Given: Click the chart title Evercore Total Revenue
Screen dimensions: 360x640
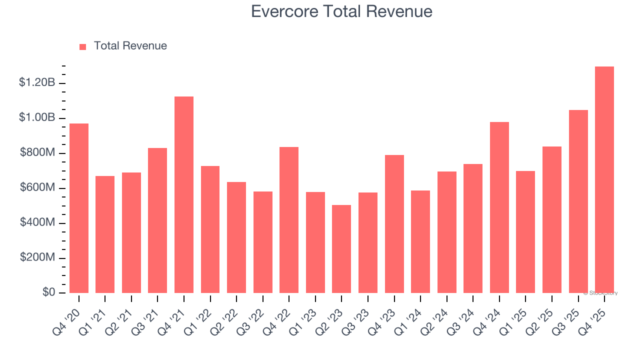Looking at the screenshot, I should (x=341, y=11).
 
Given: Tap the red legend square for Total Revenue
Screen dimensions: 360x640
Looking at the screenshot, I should (x=83, y=46).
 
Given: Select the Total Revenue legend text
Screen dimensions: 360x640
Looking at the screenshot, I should (x=130, y=46).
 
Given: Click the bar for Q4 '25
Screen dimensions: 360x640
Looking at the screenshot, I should (x=604, y=179).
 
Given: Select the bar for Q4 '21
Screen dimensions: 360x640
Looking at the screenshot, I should (x=184, y=194).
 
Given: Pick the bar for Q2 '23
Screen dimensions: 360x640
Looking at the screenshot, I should (x=341, y=248).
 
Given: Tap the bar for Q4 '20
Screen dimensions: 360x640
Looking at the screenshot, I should (x=79, y=208).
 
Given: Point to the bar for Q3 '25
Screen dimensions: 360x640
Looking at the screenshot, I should (x=578, y=201).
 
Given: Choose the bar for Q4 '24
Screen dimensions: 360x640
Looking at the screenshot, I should (x=499, y=207).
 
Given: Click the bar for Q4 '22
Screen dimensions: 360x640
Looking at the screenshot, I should (x=289, y=219).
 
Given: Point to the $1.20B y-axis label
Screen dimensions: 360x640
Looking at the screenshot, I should (x=37, y=82).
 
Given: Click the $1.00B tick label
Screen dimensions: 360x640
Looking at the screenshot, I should (x=37, y=117).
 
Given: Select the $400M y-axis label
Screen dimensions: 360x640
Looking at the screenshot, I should (x=37, y=222).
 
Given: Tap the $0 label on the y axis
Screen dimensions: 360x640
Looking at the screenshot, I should (x=48, y=292).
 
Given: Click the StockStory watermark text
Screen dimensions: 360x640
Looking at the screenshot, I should (x=600, y=293).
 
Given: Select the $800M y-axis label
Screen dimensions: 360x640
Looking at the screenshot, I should (x=37, y=152).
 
